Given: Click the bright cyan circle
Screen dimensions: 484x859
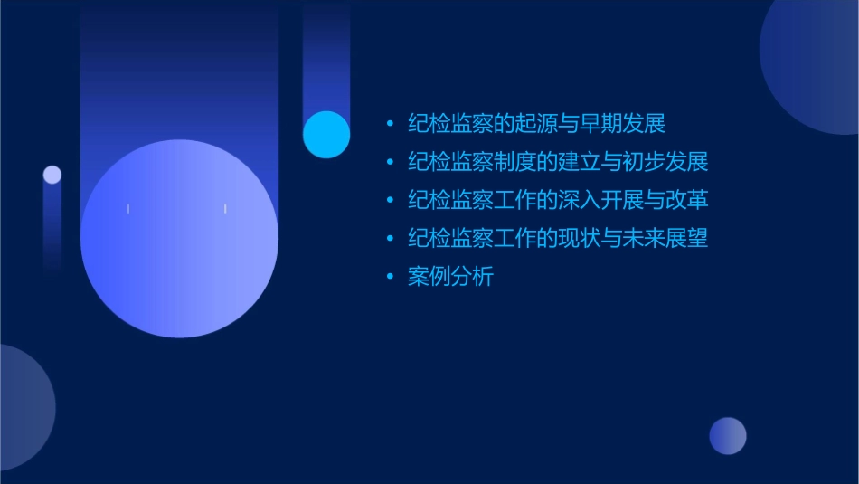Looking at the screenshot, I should click(326, 134).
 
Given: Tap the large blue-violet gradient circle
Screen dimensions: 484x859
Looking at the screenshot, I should click(179, 238).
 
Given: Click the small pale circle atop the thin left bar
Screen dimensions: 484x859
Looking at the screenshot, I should click(52, 175).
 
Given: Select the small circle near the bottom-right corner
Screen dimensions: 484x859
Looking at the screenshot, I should click(728, 436).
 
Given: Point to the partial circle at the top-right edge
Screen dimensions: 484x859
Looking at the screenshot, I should click(818, 63).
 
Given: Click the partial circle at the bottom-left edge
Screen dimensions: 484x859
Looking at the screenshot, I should click(23, 407).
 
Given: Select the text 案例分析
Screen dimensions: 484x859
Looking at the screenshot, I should click(450, 277).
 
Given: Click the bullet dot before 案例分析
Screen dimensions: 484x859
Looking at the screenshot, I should click(390, 278).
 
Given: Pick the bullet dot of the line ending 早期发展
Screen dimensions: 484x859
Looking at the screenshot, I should click(390, 125).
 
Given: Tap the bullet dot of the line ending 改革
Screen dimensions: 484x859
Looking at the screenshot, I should click(390, 201).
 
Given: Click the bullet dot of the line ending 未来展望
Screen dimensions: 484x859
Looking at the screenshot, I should click(390, 240).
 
